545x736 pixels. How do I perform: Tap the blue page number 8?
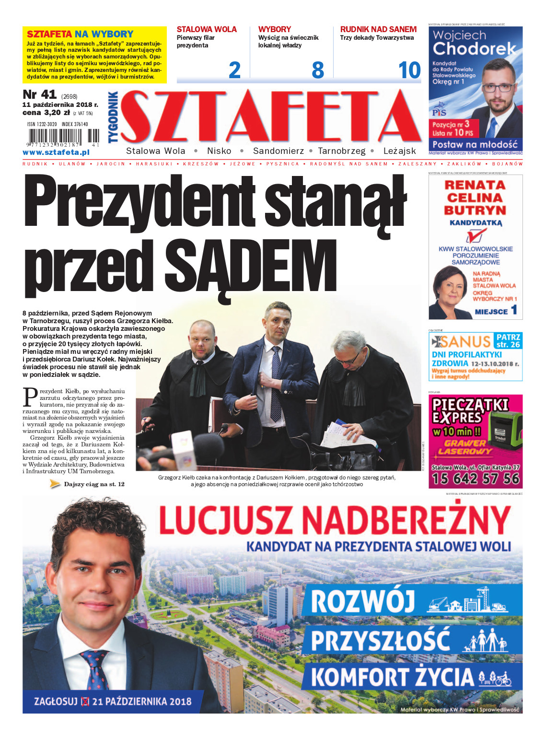(x=317, y=70)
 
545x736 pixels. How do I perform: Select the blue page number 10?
(x=409, y=70)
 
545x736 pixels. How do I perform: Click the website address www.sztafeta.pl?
(x=56, y=152)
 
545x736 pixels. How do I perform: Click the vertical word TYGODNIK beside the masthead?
(x=113, y=117)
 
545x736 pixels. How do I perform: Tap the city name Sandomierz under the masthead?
(x=278, y=151)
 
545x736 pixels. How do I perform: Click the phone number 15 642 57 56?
(x=475, y=479)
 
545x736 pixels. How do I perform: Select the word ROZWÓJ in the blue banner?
(x=363, y=601)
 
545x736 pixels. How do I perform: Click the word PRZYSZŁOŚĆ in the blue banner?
(x=380, y=640)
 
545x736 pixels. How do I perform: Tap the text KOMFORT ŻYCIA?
(x=392, y=677)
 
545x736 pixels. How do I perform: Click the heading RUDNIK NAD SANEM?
(x=378, y=29)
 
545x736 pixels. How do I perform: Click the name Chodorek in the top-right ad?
(x=474, y=48)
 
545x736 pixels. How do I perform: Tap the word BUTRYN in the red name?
(x=475, y=210)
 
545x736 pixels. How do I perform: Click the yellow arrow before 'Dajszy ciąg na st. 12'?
(x=55, y=484)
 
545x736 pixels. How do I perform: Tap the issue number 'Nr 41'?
(x=39, y=94)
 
